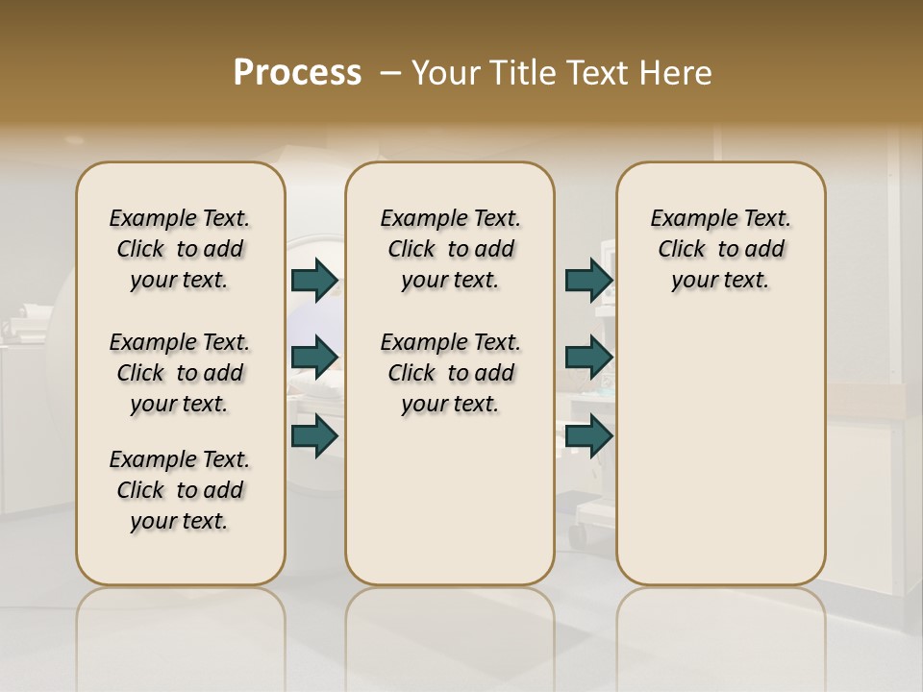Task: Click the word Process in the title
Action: [x=297, y=72]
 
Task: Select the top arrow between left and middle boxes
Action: [x=314, y=280]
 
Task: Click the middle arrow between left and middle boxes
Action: [x=314, y=358]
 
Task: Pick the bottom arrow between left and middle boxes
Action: [x=314, y=435]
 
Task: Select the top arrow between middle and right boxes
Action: [x=588, y=280]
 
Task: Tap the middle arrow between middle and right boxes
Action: [x=588, y=358]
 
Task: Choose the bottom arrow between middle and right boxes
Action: [x=588, y=435]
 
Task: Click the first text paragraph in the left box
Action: [x=180, y=249]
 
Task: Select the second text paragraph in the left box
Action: [x=180, y=373]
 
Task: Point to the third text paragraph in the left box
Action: [x=180, y=490]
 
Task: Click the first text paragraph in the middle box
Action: [x=450, y=249]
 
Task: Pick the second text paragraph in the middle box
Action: [x=450, y=373]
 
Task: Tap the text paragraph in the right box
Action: [x=721, y=249]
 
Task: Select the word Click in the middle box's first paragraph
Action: [x=412, y=250]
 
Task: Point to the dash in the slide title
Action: [x=390, y=72]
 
